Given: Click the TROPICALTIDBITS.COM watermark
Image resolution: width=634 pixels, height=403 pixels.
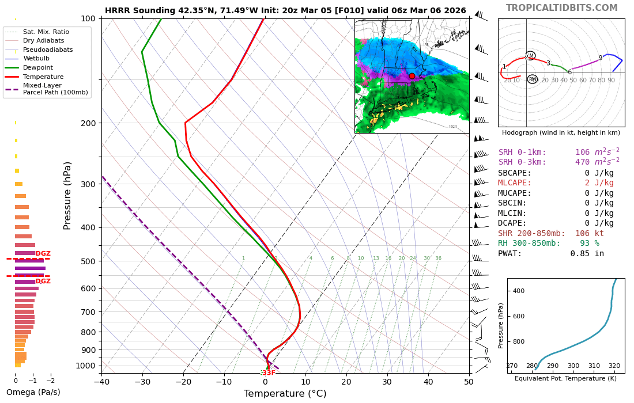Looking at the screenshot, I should pos(561,8).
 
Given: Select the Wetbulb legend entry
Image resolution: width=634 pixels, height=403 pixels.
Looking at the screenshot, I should pos(35,58).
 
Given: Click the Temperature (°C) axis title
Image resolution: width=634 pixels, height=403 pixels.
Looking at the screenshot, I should pos(285,394).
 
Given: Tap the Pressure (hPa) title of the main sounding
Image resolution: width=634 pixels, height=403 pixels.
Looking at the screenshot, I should pos(68,195).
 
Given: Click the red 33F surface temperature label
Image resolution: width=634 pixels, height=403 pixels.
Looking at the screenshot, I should pos(269,373).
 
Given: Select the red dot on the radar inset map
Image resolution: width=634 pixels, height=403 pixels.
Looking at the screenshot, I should pos(412,76).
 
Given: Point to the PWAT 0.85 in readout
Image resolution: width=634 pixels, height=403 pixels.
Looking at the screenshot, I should pos(551,253).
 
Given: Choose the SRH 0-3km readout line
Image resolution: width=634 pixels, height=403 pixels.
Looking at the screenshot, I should pos(558,162).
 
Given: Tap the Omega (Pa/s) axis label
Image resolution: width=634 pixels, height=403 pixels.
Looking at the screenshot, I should pos(33,393).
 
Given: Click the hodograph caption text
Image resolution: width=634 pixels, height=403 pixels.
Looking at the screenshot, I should pos(561,132).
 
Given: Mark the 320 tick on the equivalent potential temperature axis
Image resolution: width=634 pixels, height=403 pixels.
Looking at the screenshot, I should pos(614,366).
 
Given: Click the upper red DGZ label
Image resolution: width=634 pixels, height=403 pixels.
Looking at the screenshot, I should pos(43,254).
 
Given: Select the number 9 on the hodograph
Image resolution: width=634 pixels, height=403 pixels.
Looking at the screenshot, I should pos(600,58).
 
